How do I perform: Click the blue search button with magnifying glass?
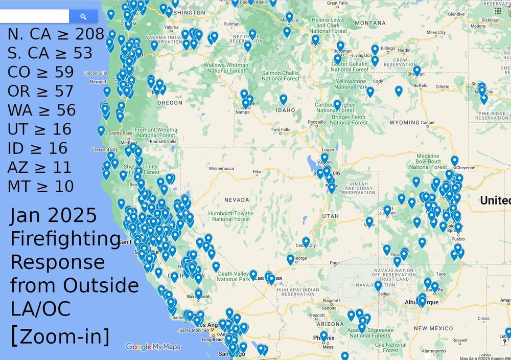tap(83, 16)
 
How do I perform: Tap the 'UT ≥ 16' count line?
tap(39, 129)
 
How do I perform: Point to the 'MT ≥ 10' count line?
tap(40, 186)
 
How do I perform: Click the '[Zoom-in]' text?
tap(60, 336)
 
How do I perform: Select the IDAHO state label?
tap(285, 110)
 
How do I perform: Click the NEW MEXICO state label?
tap(433, 328)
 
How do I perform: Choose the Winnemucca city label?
tap(221, 168)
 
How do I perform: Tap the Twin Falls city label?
tap(281, 130)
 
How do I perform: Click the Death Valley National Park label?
tap(234, 276)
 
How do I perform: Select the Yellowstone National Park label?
tap(351, 84)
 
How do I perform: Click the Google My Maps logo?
tap(153, 347)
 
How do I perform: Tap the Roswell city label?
tap(459, 340)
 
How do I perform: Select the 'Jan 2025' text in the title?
tap(53, 216)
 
